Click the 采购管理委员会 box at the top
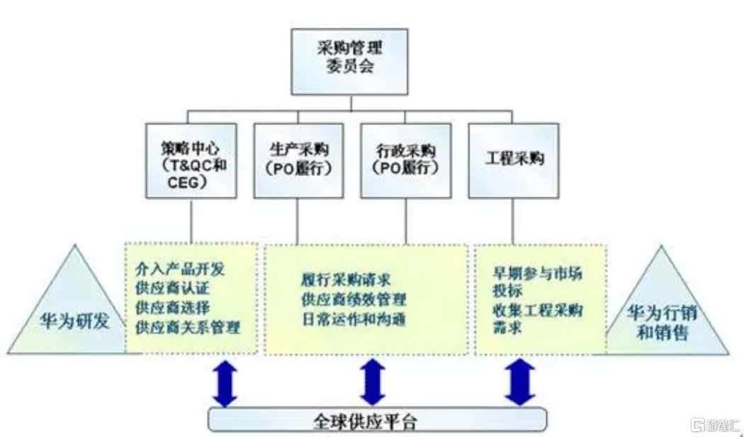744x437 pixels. coord(350,61)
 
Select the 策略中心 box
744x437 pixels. coord(191,160)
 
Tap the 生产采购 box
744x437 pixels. coord(298,160)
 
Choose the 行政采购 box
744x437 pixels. coord(406,160)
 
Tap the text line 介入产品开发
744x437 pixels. coord(180,270)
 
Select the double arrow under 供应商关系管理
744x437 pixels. coord(225,383)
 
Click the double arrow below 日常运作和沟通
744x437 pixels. coord(373,383)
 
